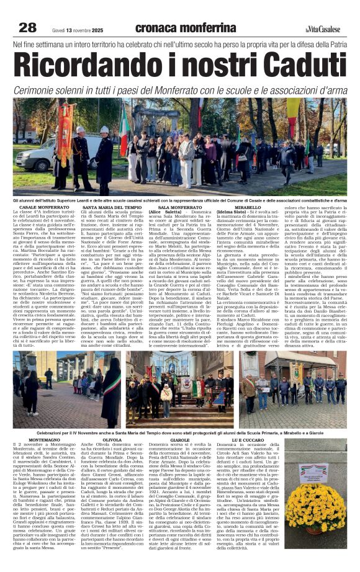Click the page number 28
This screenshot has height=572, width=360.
27,27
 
